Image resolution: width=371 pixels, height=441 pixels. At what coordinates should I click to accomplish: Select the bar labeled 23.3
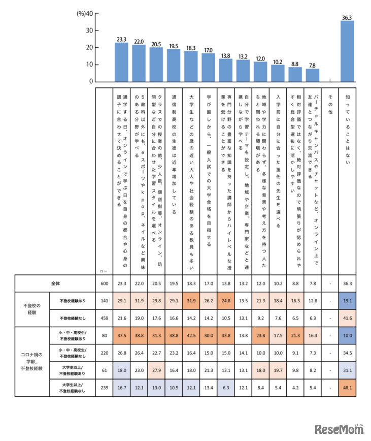pos(121,62)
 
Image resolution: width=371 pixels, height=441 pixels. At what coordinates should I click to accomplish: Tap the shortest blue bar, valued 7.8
pos(312,75)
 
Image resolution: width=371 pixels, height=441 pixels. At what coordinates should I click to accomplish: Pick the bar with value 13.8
pos(225,70)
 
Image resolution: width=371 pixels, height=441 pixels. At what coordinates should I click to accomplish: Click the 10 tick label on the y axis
pos(89,65)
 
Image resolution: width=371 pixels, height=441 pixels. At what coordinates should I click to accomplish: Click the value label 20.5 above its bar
pos(156,44)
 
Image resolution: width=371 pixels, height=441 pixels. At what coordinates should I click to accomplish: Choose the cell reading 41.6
pos(347,318)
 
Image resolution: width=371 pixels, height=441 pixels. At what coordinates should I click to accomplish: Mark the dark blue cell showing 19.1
pos(347,301)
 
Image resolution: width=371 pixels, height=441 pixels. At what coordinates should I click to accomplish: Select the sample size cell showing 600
pos(104,283)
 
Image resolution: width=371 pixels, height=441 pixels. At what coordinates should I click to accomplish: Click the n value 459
pos(104,318)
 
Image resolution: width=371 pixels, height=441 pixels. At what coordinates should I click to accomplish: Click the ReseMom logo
pos(339,429)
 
